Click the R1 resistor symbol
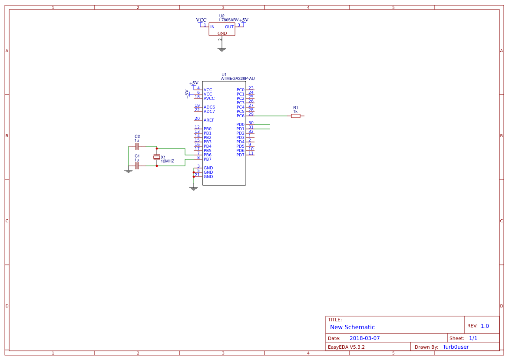point(296,116)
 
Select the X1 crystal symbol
point(157,157)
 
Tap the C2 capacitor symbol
point(137,146)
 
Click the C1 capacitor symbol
point(137,166)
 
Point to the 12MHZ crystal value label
point(167,162)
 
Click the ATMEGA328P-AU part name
point(238,79)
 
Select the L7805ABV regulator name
point(229,20)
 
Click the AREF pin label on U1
point(209,120)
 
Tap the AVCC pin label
point(209,99)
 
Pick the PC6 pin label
point(241,116)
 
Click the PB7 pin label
point(208,159)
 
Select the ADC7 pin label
point(209,112)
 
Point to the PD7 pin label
point(241,155)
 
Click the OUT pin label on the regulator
point(229,27)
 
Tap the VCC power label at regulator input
point(202,20)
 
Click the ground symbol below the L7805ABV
point(222,50)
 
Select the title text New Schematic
point(352,327)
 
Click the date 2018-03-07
point(364,338)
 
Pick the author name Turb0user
point(456,347)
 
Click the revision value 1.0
point(485,326)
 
